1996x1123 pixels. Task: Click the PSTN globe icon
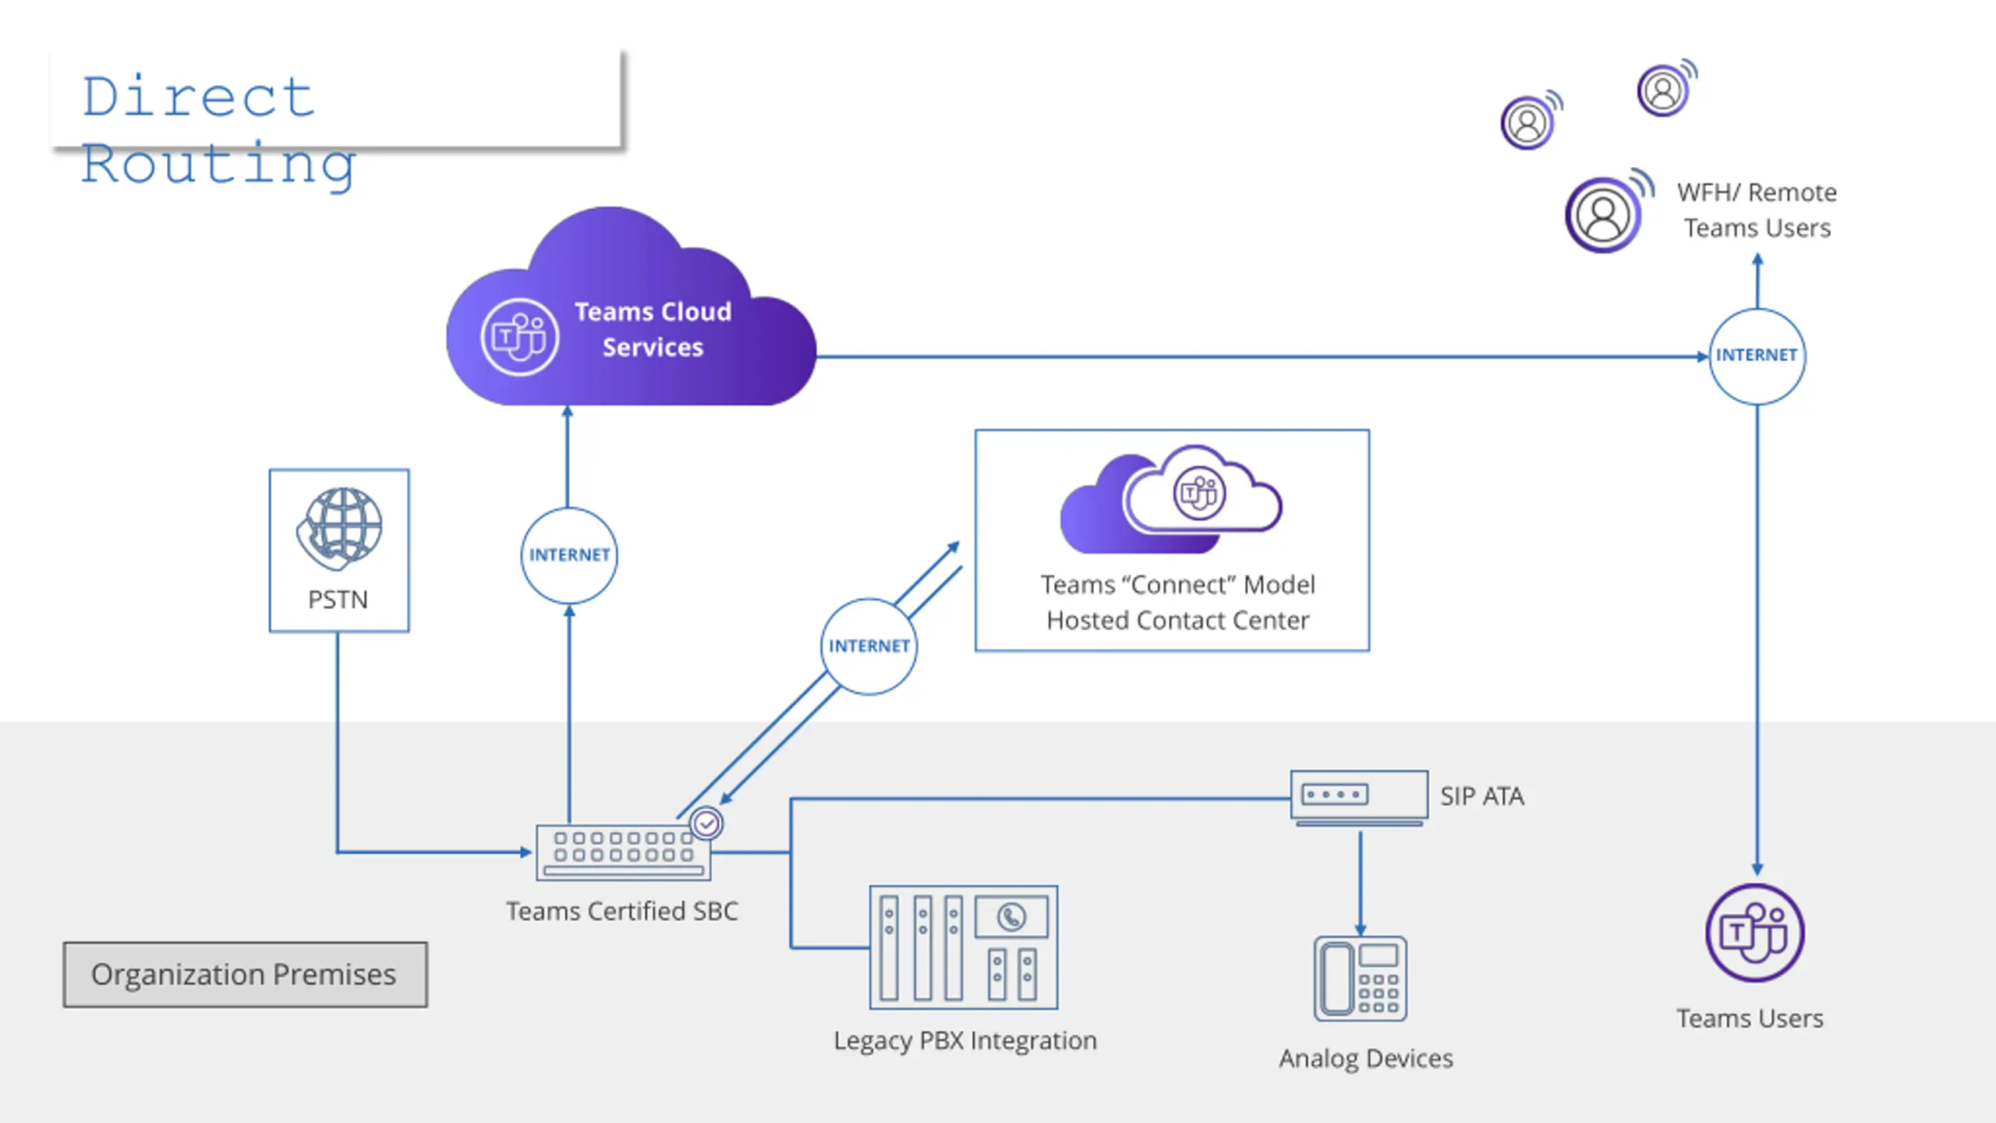(x=339, y=529)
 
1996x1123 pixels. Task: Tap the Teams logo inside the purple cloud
(x=519, y=337)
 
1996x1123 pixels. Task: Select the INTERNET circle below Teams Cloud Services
(x=569, y=555)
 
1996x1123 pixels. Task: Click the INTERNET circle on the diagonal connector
(x=869, y=647)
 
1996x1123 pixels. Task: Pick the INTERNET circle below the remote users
(x=1757, y=356)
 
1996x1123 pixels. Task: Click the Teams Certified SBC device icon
(x=624, y=852)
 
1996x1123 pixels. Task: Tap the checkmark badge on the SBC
(x=706, y=824)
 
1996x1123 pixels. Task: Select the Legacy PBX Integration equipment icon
(x=964, y=947)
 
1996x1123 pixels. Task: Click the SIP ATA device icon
(x=1359, y=798)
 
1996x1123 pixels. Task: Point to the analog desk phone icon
(x=1361, y=979)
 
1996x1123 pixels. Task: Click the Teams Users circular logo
(x=1754, y=933)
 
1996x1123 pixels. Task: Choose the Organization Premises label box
(x=246, y=975)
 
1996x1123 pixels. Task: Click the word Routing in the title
(x=219, y=165)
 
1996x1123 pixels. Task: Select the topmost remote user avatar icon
(x=1665, y=89)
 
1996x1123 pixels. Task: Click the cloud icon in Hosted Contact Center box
(x=1170, y=499)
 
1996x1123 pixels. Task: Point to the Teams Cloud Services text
(x=653, y=329)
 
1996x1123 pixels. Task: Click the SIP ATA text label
(x=1481, y=796)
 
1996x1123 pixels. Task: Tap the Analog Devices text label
(x=1366, y=1059)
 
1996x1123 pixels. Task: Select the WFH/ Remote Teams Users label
(x=1757, y=210)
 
